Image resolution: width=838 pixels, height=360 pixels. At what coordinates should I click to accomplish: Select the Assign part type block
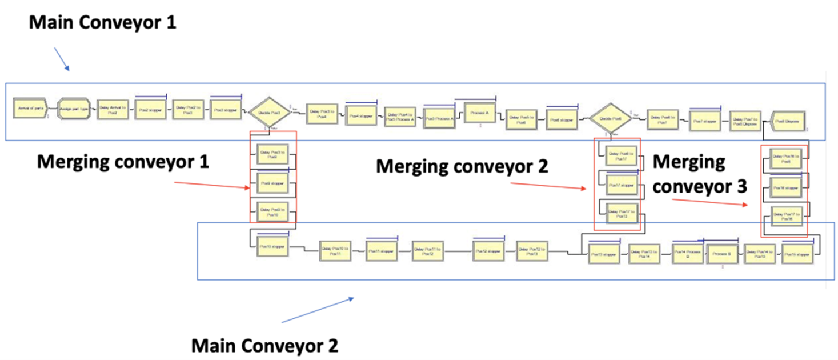(74, 109)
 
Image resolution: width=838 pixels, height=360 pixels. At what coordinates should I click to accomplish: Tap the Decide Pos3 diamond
(268, 113)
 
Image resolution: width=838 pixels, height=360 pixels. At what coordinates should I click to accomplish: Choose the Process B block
(723, 254)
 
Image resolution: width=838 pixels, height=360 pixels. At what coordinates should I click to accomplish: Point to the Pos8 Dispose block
(788, 121)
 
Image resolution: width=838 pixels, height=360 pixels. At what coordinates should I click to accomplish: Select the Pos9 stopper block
(273, 184)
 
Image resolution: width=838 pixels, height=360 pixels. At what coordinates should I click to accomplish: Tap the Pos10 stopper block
(272, 247)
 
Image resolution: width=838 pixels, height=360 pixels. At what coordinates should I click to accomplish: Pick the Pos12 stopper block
(489, 251)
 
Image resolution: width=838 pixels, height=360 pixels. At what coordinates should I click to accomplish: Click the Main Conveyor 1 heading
(103, 23)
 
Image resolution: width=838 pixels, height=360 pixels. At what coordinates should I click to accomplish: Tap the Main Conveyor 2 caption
(264, 346)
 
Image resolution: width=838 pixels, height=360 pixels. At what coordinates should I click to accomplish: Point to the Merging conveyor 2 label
(462, 166)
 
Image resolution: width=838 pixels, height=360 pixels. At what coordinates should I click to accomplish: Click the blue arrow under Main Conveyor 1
(62, 59)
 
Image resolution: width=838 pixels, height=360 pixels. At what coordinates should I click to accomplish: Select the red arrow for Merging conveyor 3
(709, 203)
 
